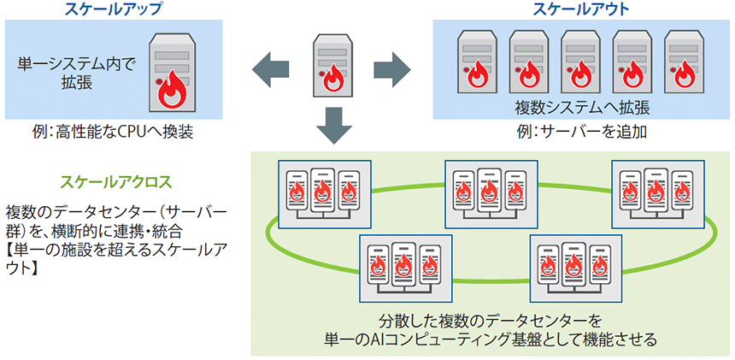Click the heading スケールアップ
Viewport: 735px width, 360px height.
114,9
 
